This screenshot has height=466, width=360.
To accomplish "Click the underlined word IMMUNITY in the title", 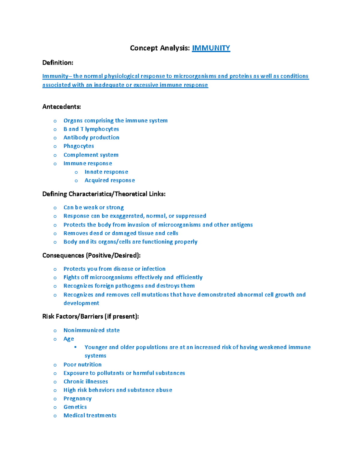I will click(x=211, y=48).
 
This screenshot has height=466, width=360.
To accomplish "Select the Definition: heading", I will click(x=58, y=63).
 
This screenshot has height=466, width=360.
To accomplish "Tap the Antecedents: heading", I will click(x=61, y=107).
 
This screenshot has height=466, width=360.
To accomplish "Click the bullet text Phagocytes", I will click(x=79, y=146).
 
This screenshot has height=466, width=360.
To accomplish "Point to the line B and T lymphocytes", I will click(x=91, y=129).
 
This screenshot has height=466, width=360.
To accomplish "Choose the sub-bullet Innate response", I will click(x=106, y=172).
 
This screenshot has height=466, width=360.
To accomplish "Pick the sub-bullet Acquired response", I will click(x=109, y=180).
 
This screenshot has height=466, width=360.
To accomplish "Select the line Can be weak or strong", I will click(x=93, y=208).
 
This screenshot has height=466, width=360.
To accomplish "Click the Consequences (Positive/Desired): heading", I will click(x=91, y=256).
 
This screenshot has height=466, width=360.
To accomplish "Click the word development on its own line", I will click(x=81, y=303).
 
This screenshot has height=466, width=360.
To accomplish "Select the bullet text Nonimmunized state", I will click(x=91, y=330).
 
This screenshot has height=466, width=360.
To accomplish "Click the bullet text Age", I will click(x=69, y=339).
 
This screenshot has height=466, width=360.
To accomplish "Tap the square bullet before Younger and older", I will click(x=76, y=347).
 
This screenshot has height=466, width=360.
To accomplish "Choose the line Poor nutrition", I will click(x=82, y=365).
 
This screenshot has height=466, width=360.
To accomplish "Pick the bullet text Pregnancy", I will click(x=77, y=398).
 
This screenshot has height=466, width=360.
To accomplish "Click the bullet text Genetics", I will click(x=75, y=407).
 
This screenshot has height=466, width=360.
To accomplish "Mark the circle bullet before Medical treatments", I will click(x=55, y=416).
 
